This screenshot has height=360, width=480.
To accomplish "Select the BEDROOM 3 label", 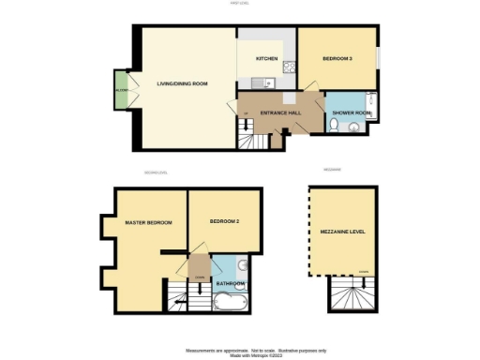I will (337, 59).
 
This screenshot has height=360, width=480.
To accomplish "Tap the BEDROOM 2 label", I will (225, 221).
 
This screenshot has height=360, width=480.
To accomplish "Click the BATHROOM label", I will (231, 283).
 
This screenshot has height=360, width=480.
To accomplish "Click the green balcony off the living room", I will (121, 90).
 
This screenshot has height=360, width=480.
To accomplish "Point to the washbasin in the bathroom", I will (242, 264).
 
